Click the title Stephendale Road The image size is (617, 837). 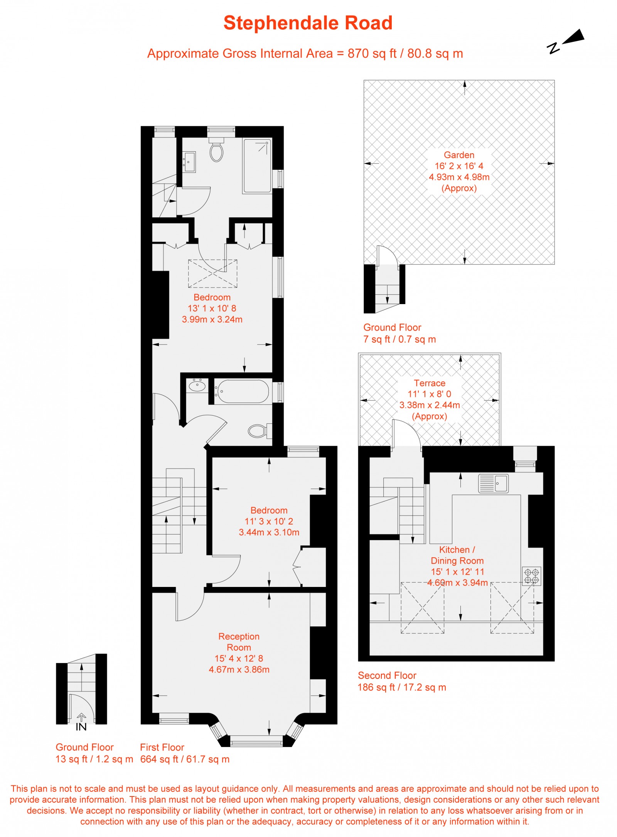click(x=308, y=23)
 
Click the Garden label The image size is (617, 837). click(x=459, y=155)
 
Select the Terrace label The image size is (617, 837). click(x=430, y=383)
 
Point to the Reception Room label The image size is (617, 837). click(x=239, y=642)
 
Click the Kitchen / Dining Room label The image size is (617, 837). click(x=457, y=555)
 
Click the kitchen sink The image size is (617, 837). click(x=493, y=483)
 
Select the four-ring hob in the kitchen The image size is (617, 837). click(x=532, y=576)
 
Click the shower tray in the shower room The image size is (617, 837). click(x=257, y=166)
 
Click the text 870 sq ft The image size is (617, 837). click(x=372, y=53)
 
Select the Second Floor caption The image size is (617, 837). click(x=387, y=675)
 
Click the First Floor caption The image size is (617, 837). click(x=162, y=747)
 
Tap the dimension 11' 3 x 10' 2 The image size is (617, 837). click(x=269, y=521)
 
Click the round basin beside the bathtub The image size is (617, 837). click(x=197, y=386)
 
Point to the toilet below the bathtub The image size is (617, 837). click(x=259, y=431)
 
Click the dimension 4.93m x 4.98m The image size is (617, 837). click(x=459, y=177)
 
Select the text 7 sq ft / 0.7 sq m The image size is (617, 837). click(x=400, y=339)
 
